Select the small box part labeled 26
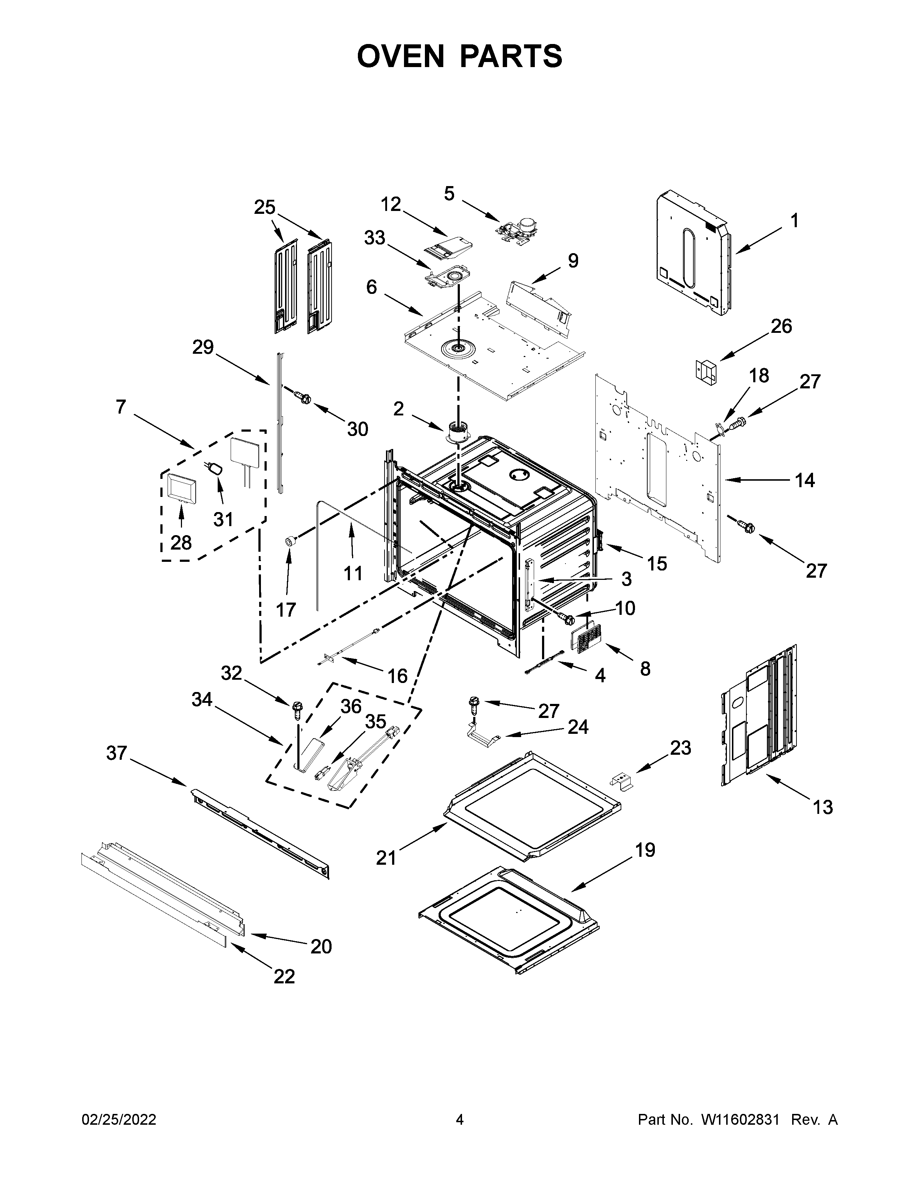(x=706, y=372)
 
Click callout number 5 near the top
(x=449, y=193)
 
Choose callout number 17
(x=286, y=609)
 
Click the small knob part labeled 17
(x=291, y=541)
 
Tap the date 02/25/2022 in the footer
(x=119, y=1135)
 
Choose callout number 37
(x=116, y=753)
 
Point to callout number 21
(x=387, y=858)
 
